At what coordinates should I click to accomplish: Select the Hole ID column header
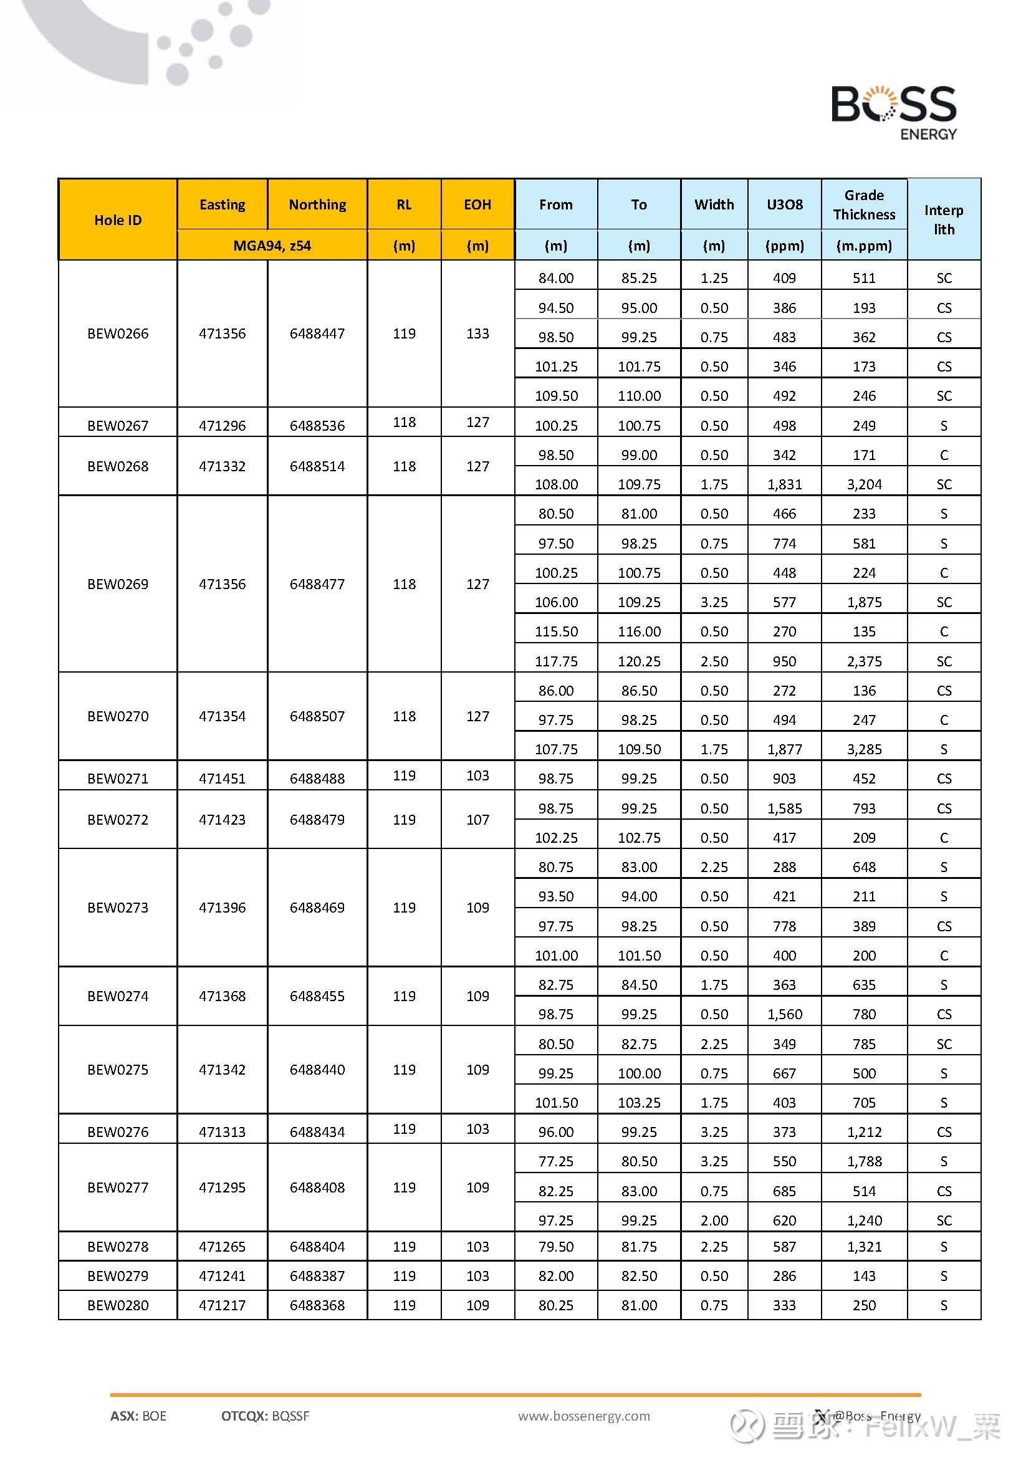[x=118, y=219]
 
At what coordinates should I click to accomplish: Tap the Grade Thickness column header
[x=864, y=204]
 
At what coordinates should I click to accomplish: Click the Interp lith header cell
[x=943, y=219]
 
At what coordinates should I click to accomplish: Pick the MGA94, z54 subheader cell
[x=272, y=246]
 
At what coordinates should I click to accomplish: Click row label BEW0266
[x=118, y=333]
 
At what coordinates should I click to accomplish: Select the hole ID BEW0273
[x=118, y=908]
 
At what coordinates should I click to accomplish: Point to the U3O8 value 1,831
[x=784, y=484]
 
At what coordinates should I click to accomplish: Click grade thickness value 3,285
[x=864, y=749]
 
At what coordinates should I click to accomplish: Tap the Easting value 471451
[x=222, y=779]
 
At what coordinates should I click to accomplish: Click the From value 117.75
[x=556, y=661]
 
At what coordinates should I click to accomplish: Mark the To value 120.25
[x=640, y=661]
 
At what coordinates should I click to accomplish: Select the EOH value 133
[x=477, y=333]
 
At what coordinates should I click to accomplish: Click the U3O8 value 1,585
[x=784, y=808]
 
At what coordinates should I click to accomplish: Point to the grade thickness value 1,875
[x=864, y=602]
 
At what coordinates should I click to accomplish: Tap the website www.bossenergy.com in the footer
[x=584, y=1416]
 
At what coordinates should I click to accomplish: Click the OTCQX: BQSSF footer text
[x=266, y=1416]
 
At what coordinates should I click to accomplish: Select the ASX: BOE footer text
[x=138, y=1416]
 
